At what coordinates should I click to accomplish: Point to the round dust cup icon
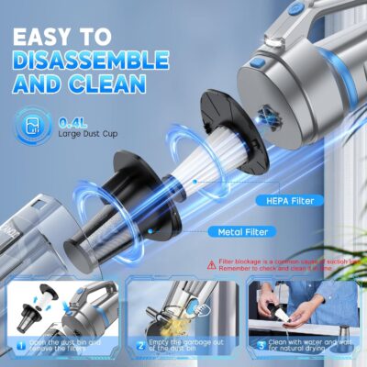(x=32, y=128)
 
